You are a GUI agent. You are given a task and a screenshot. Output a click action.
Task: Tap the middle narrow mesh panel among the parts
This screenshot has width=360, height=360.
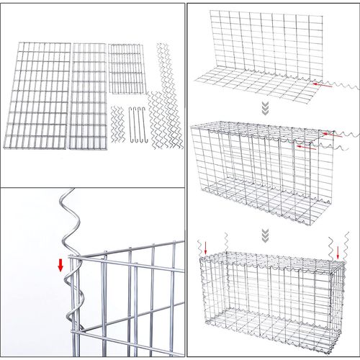point(88,96)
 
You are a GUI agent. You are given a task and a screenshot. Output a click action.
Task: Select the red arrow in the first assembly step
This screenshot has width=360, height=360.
point(326,85)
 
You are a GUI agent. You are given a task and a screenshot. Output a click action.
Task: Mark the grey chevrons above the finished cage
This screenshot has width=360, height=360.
point(264,235)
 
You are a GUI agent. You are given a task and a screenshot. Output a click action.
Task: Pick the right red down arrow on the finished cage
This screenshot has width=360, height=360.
point(338,252)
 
